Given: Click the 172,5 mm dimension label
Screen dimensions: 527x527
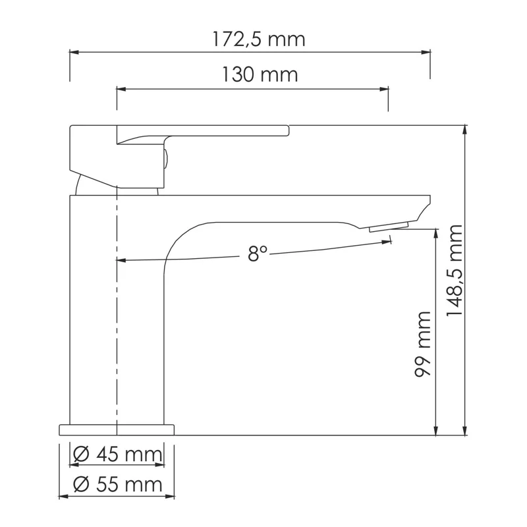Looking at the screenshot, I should point(259,40).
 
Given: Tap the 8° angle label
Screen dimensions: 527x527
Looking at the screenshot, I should point(258,254).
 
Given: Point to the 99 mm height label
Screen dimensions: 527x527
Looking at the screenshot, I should point(423,344).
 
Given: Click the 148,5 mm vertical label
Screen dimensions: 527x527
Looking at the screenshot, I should point(455,270).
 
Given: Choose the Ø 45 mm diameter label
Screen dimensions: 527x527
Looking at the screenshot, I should point(118,454).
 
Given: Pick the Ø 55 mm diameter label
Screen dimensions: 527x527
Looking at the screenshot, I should point(118,485).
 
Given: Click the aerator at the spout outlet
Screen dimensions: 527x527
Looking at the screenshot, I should point(389,227).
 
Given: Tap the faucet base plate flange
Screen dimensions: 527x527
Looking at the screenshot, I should point(117,430).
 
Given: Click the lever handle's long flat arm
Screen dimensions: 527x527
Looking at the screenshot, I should point(231,130).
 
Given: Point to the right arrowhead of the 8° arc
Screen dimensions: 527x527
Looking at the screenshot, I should point(387,242).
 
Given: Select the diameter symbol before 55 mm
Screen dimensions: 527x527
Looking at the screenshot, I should point(81,485).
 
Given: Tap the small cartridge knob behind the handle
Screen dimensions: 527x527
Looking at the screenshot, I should point(166,159).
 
